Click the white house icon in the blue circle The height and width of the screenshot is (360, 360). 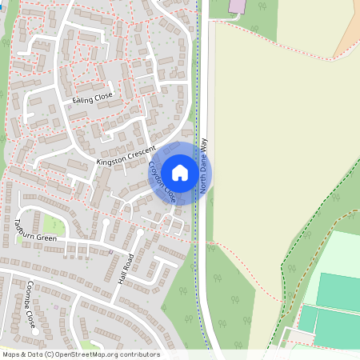[180, 173]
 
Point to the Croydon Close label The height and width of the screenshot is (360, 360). [162, 182]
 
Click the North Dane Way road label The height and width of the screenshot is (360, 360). [203, 165]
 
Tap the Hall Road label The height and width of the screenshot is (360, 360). [126, 268]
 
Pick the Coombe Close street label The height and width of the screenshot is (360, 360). [30, 305]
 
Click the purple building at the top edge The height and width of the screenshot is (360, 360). [238, 6]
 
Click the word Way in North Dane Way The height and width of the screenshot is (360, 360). [203, 145]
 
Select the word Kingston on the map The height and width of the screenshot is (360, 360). [110, 161]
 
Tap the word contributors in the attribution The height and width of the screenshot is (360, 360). [138, 354]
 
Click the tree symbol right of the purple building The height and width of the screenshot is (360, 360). [263, 6]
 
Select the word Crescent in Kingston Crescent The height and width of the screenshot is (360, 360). [137, 151]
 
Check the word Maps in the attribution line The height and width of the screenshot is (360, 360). [11, 354]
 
